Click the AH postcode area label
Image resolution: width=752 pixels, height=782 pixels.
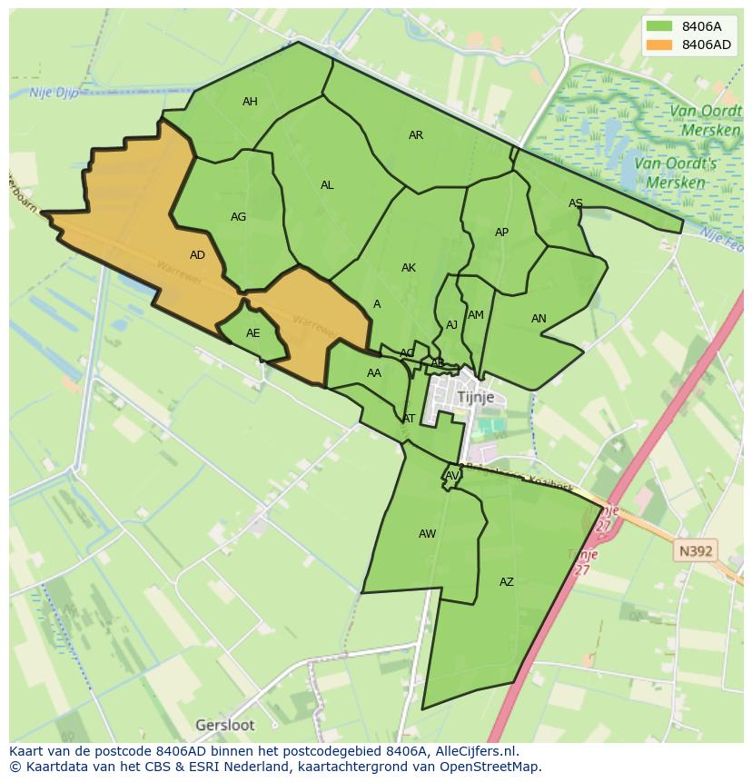point(250,102)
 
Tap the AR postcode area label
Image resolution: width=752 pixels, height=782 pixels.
point(416,135)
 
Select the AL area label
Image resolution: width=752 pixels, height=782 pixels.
point(327,185)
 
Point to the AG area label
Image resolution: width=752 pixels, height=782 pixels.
point(239,217)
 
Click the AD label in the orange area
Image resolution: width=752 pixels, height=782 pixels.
point(197,255)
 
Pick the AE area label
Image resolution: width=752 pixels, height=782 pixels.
point(253,333)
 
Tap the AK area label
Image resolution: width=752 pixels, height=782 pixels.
point(409,268)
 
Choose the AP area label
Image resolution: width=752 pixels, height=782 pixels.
point(501,233)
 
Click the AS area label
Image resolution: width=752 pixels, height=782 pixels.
point(576,203)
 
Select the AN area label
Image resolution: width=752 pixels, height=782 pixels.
point(539,319)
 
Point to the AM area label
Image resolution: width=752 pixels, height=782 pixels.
point(476,315)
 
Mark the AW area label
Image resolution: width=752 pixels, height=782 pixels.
point(428,534)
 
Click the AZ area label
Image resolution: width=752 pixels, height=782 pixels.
point(507,582)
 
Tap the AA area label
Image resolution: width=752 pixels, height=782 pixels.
point(374,373)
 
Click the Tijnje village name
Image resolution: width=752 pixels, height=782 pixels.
point(476,397)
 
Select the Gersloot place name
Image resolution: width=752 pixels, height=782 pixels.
point(225,725)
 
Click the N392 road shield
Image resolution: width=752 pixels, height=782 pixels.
point(696,550)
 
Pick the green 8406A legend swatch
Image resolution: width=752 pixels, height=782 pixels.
point(659,26)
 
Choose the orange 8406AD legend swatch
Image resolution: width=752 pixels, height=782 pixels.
point(659,45)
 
